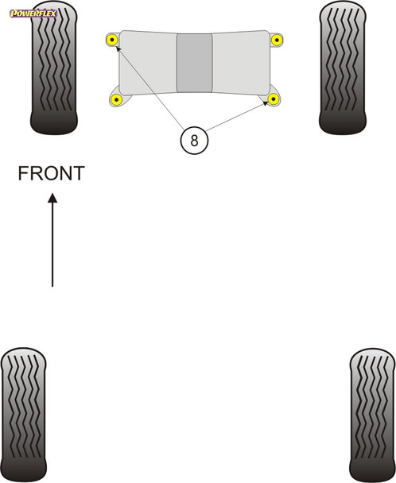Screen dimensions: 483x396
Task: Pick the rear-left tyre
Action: pos(28,413)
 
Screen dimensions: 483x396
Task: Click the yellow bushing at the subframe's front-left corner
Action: pos(113,39)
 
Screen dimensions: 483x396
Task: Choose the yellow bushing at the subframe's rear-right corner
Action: pos(274,99)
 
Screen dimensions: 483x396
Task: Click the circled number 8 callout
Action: pos(194,141)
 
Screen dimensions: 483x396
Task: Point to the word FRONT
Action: pos(51,173)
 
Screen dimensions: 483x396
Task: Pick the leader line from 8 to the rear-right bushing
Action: pos(235,119)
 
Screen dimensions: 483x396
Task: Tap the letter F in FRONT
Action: pos(24,173)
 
